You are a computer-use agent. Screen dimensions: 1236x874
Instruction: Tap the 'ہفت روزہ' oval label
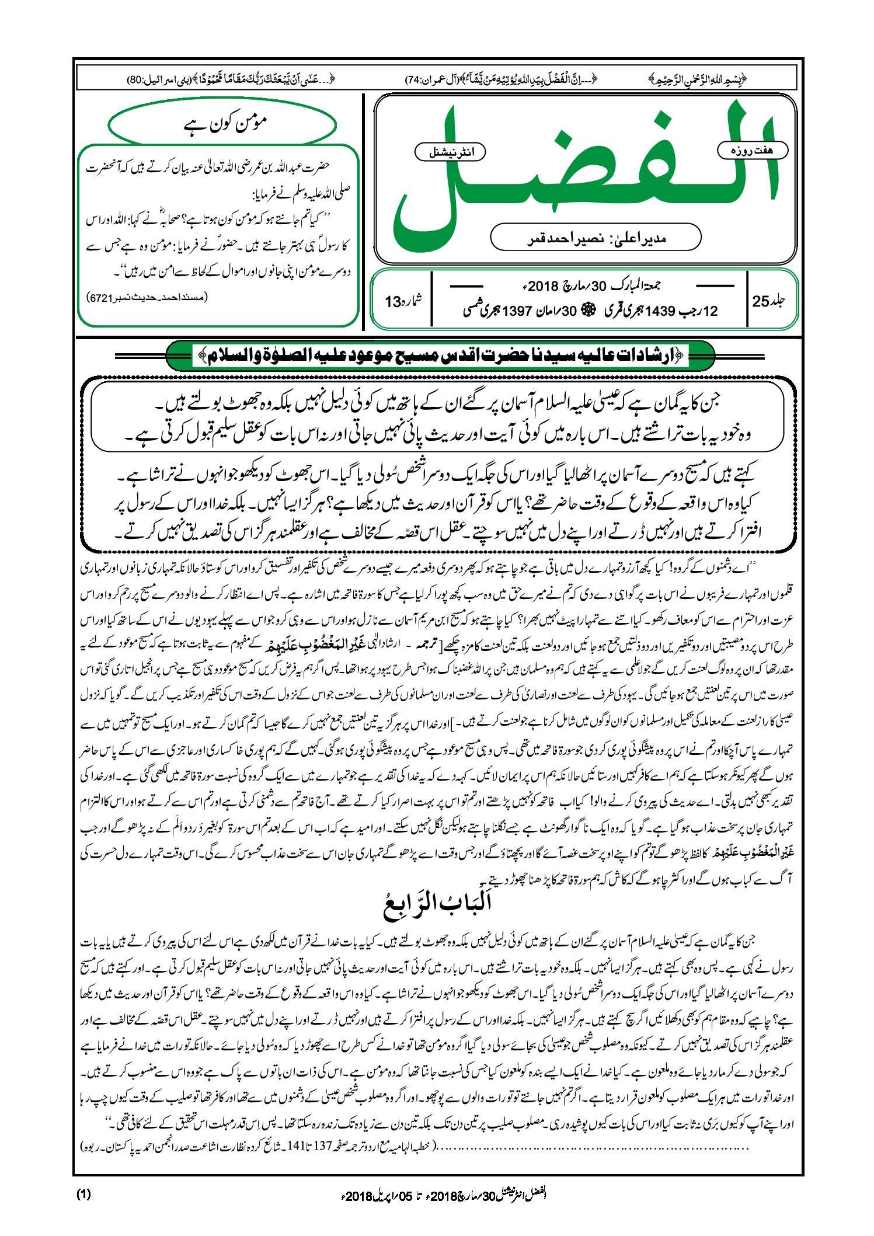tap(752, 151)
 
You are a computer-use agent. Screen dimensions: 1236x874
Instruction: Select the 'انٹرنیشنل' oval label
tap(450, 152)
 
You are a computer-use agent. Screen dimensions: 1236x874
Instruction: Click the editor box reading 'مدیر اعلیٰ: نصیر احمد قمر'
tap(596, 238)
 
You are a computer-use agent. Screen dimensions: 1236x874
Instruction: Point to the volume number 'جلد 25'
tap(769, 301)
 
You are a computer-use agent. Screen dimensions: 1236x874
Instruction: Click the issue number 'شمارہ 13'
tap(403, 301)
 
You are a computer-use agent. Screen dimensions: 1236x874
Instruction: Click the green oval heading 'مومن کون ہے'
tap(222, 124)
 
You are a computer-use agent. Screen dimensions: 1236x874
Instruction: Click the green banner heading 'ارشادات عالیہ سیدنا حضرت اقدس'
tap(441, 356)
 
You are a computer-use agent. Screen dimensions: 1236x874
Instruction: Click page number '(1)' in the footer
tap(83, 1195)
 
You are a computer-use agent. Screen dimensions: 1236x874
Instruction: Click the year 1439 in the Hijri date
tap(660, 311)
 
